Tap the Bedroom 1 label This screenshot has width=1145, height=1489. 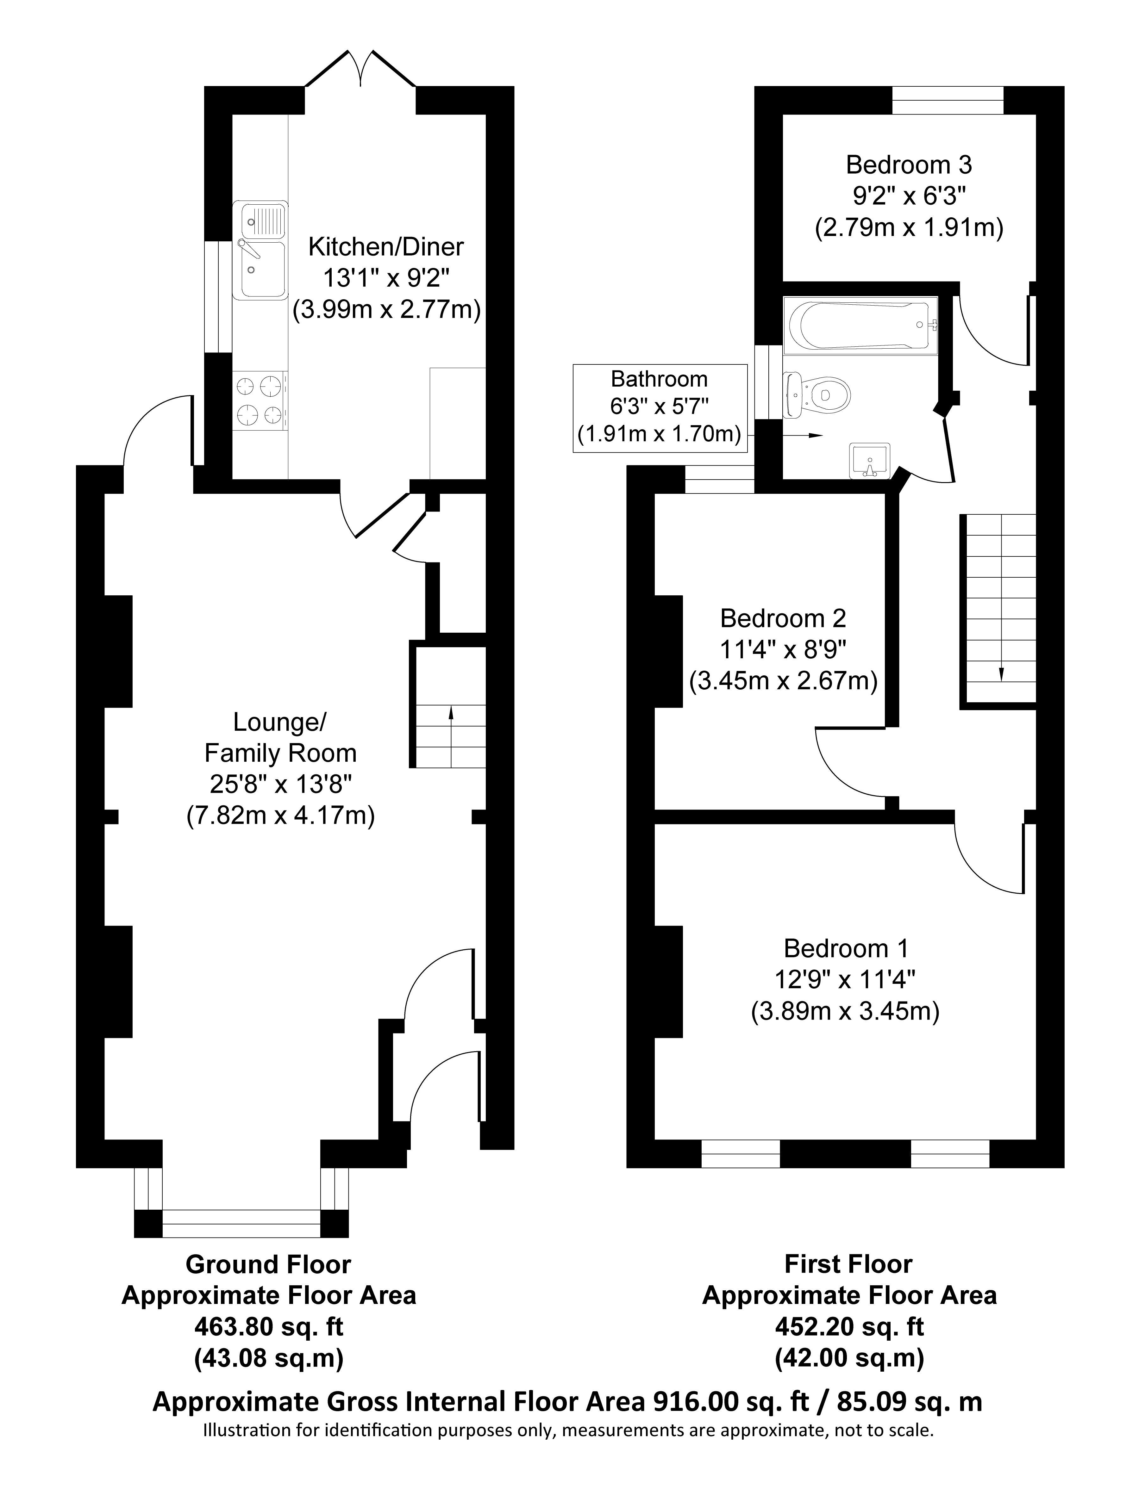point(846,948)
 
